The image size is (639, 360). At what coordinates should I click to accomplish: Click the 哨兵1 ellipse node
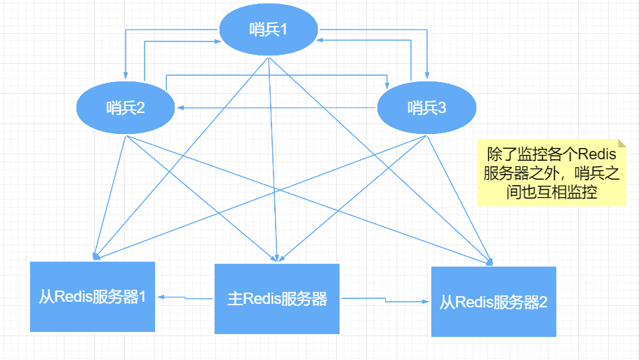click(x=269, y=30)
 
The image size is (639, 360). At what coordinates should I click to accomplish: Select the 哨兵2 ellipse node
click(x=126, y=108)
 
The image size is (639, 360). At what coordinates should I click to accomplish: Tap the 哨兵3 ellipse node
click(x=426, y=108)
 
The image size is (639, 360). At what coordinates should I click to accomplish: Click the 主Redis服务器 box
click(x=276, y=299)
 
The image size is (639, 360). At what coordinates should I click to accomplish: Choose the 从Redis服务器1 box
click(x=92, y=297)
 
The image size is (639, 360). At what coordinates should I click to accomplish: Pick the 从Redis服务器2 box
click(x=493, y=302)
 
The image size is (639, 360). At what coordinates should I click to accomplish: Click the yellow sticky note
click(x=551, y=172)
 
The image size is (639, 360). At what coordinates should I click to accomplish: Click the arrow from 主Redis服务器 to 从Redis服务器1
click(x=185, y=298)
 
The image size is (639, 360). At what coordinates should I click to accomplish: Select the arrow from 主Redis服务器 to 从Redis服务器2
click(x=386, y=301)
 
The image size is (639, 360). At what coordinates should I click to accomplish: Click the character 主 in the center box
click(x=235, y=299)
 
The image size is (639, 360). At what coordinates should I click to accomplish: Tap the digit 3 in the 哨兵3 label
click(x=442, y=108)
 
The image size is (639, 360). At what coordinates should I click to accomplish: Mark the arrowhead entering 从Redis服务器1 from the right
click(x=160, y=297)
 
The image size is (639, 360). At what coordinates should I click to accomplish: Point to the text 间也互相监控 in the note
click(x=551, y=192)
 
